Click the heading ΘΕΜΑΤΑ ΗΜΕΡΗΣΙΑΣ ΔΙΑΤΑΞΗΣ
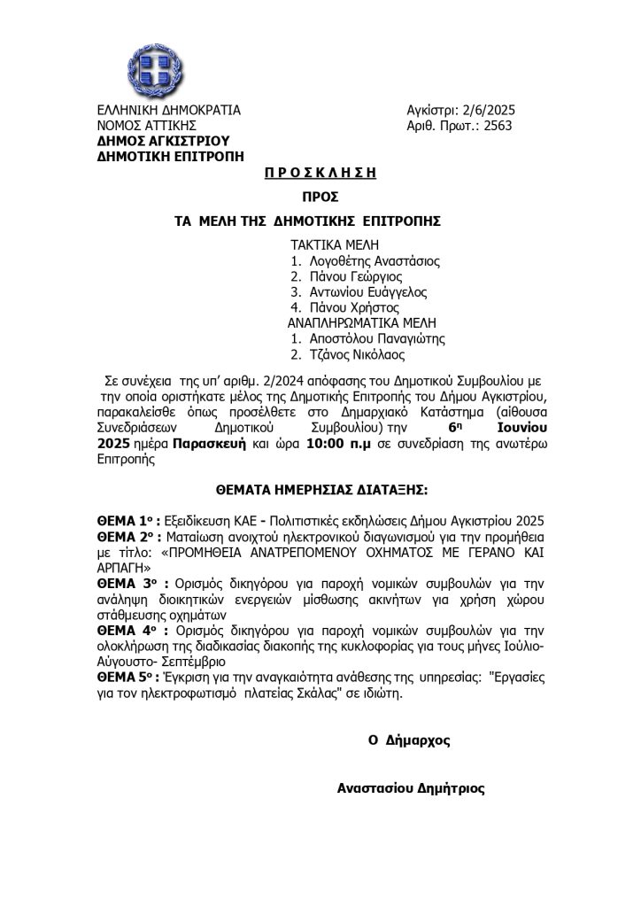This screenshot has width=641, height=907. pyautogui.click(x=320, y=487)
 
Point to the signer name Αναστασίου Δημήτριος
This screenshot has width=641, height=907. pyautogui.click(x=411, y=787)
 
